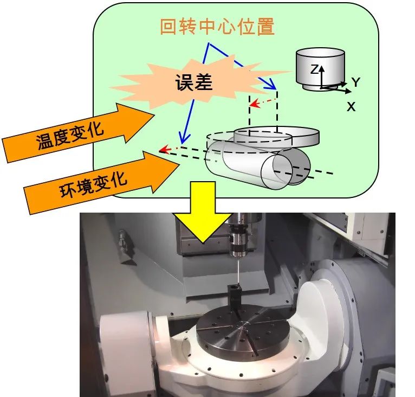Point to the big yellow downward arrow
pos(206,220)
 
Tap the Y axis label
pos(355,82)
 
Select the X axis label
pos(352,107)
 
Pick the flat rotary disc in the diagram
pos(276,136)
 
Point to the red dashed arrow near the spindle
pos(264,101)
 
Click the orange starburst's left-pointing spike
pos(116,87)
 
